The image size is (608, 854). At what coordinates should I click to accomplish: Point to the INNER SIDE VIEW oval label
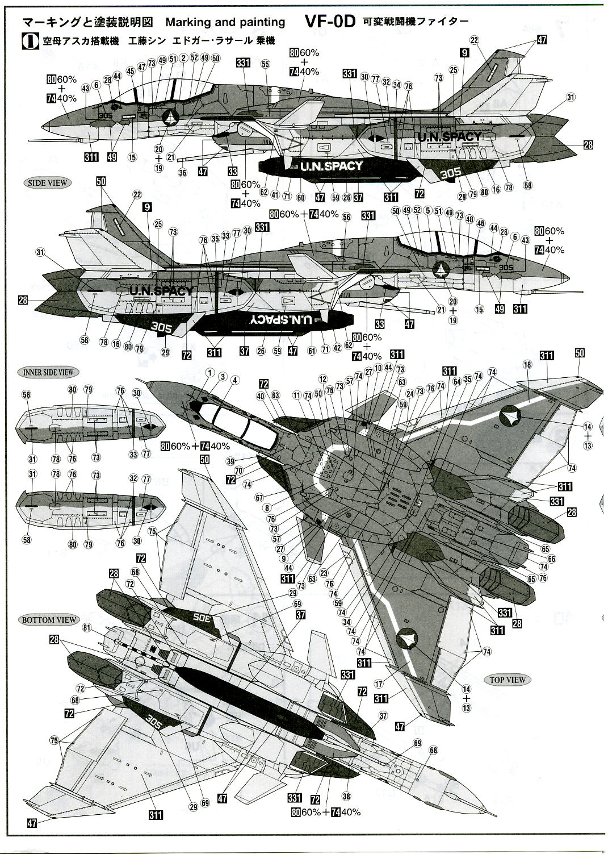tap(48, 372)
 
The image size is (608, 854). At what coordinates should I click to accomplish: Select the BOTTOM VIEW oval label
tap(48, 619)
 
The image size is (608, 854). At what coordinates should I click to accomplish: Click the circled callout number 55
tap(265, 65)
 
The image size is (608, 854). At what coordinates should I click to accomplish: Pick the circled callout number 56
tap(347, 217)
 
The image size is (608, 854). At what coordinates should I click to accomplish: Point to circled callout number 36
tap(182, 173)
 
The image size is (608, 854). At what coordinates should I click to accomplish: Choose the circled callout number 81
tap(86, 628)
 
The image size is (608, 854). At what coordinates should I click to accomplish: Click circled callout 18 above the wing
tap(527, 364)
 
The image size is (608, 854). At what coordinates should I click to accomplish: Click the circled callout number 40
tap(261, 396)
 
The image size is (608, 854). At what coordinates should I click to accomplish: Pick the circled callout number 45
tap(130, 71)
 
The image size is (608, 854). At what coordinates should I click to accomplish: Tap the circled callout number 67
tap(259, 498)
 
